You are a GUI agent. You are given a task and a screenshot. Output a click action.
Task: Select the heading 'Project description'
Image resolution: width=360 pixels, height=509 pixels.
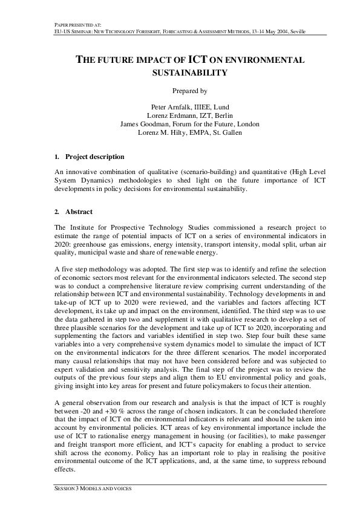tap(95, 157)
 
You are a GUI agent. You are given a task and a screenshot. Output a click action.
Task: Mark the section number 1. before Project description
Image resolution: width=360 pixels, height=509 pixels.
tap(56, 157)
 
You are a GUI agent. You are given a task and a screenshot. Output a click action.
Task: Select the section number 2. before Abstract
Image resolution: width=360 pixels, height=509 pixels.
tap(56, 212)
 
